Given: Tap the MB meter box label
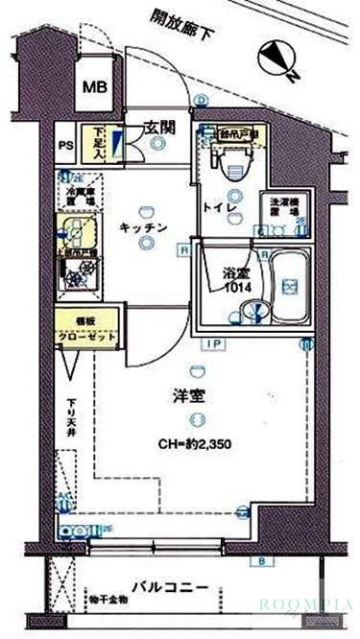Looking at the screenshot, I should coord(94,87).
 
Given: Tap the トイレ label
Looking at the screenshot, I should coord(215,207).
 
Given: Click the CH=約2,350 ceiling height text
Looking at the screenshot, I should coord(196,444).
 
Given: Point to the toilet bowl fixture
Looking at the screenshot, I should coord(228,166).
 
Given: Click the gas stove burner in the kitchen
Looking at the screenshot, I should coord(74,280).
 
